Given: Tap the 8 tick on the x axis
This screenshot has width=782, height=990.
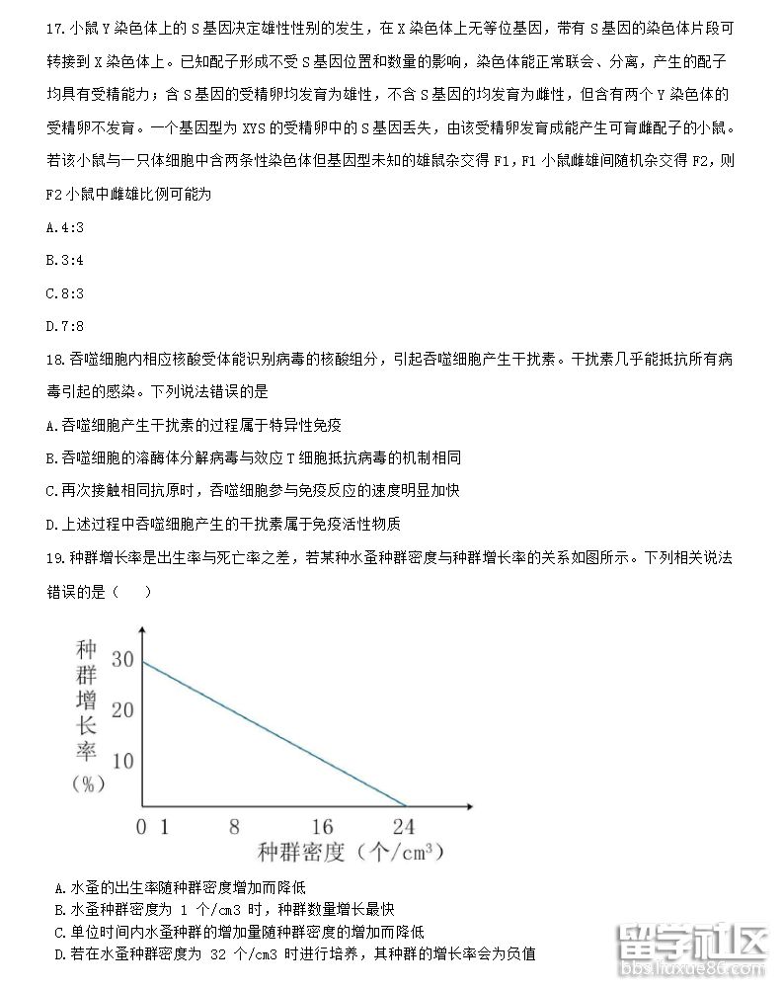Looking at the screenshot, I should point(234,827).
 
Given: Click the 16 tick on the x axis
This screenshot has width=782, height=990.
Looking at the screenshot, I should point(322,827).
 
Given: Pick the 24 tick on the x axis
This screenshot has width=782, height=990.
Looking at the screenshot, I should point(403,827).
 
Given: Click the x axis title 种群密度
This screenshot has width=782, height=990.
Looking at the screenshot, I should point(301,852).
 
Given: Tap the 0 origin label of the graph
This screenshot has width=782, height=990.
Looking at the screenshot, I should point(142,827).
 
